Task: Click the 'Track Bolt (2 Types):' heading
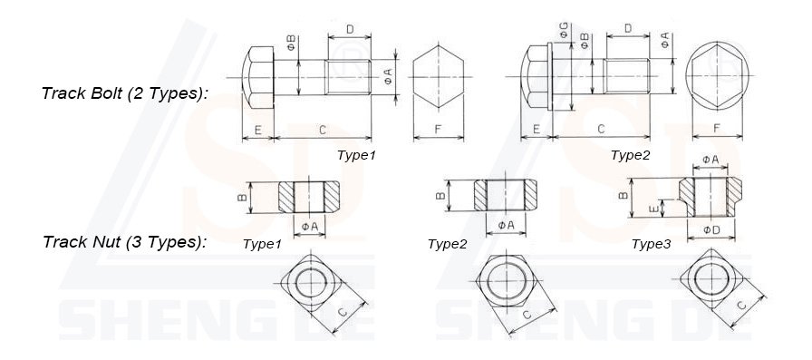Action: [125, 93]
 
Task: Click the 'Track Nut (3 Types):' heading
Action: [125, 242]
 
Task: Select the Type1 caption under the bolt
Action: [356, 155]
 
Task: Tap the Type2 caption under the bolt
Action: [630, 155]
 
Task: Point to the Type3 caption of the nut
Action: [652, 244]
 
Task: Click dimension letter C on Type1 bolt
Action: [322, 131]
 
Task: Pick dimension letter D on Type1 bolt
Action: [350, 29]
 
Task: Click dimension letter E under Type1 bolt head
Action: [257, 131]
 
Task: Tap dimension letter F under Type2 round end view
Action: [717, 130]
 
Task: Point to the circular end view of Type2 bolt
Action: [717, 76]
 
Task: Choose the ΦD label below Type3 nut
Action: [712, 230]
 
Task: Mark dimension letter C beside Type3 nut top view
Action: [742, 306]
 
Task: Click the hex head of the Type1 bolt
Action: [258, 77]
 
